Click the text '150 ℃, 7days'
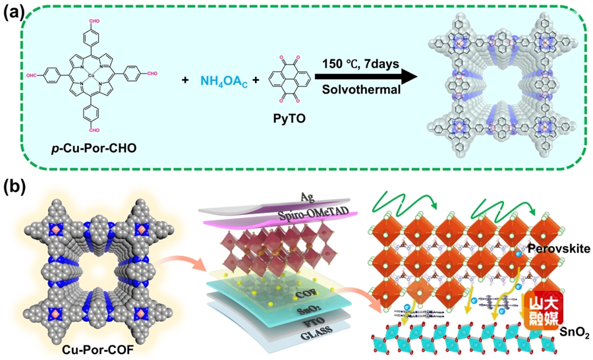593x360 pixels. click(x=356, y=65)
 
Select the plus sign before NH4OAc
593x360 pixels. click(x=186, y=80)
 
